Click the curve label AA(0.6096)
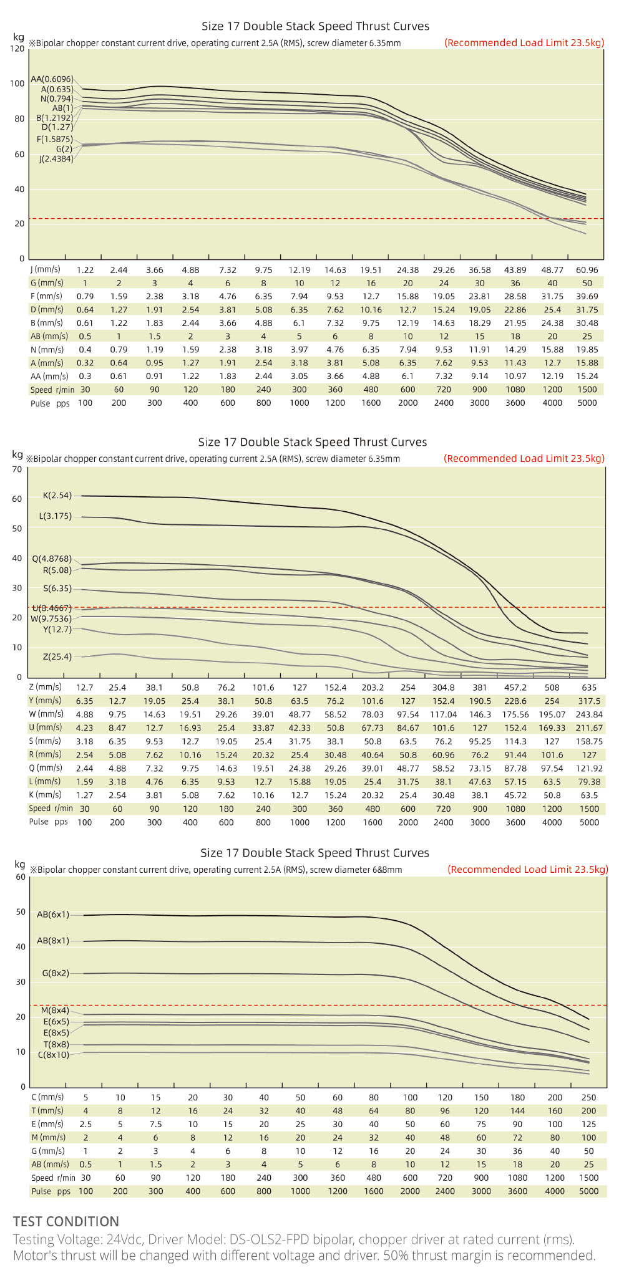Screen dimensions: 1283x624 click(x=52, y=79)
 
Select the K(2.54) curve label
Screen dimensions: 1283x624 click(x=57, y=496)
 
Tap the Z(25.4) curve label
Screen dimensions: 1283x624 click(x=57, y=656)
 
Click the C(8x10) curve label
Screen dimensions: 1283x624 click(x=54, y=1055)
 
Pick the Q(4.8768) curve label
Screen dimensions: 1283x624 click(x=52, y=559)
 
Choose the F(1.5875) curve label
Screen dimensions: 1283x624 click(x=54, y=139)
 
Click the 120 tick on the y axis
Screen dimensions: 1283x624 click(x=17, y=48)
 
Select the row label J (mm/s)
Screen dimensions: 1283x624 click(x=46, y=269)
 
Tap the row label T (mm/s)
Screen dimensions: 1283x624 click(x=47, y=1110)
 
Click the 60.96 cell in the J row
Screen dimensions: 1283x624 click(x=587, y=270)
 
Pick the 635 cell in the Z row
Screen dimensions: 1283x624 click(x=589, y=688)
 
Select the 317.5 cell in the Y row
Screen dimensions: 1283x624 click(x=589, y=701)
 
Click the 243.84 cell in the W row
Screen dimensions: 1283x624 click(x=589, y=714)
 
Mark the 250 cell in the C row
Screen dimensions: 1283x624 click(x=588, y=1097)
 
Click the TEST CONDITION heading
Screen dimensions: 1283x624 click(x=66, y=1221)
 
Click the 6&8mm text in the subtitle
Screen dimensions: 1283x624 click(x=387, y=870)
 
